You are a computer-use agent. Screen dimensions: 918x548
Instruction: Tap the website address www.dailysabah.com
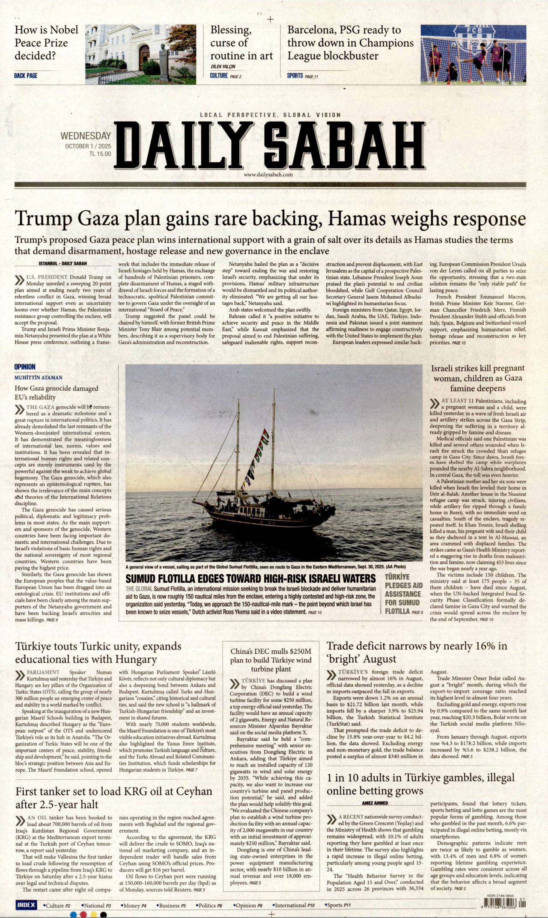point(268,175)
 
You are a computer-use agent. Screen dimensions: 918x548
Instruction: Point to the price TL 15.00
point(100,154)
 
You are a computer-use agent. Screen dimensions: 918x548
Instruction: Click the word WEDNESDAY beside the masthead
point(86,136)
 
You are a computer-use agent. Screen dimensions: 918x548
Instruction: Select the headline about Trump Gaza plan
point(270,219)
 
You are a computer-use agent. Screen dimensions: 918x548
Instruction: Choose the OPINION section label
point(25,367)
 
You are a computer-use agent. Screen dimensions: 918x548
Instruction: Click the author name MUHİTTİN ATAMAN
point(39,378)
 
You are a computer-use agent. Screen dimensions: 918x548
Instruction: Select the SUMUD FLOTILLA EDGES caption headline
point(250,579)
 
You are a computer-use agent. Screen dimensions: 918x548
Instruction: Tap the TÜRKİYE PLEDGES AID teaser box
point(403,594)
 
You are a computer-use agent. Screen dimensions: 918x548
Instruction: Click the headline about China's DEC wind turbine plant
point(271,660)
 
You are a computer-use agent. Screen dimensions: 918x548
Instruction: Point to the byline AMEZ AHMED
point(375,803)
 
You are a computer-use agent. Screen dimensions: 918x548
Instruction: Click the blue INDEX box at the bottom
point(26,905)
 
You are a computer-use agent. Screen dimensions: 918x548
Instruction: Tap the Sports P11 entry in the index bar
point(339,905)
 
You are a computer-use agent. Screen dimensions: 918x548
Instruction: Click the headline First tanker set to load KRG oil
point(113,798)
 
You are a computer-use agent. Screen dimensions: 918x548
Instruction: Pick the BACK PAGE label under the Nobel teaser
point(26,76)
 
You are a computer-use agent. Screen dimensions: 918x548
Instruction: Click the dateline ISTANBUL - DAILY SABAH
point(63,263)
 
